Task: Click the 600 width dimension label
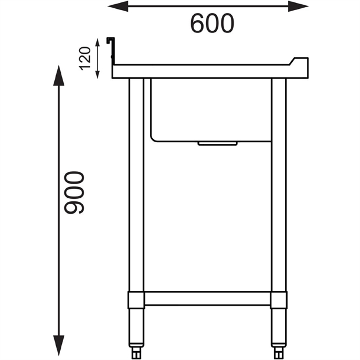[212, 23]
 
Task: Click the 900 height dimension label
[75, 193]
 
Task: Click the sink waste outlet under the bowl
[218, 143]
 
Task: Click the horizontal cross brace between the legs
[207, 298]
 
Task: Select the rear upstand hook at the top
[110, 41]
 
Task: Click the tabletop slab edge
[207, 71]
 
